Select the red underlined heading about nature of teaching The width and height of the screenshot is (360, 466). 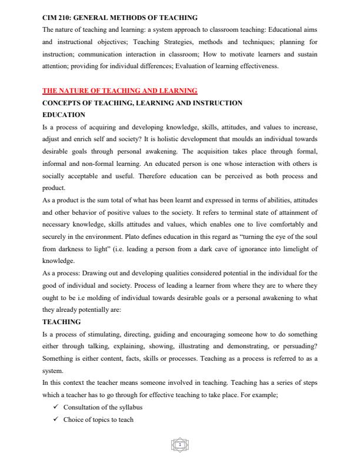pyautogui.click(x=120, y=91)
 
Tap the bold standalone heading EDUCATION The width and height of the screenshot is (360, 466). pyautogui.click(x=64, y=115)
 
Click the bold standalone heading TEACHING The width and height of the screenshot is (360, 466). pyautogui.click(x=62, y=322)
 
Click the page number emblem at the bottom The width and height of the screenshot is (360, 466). pyautogui.click(x=180, y=447)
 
